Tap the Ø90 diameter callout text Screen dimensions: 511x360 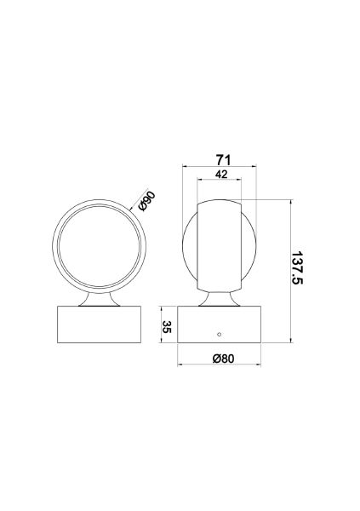[146, 201]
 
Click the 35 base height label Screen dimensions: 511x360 [167, 328]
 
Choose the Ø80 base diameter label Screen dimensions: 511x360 [220, 359]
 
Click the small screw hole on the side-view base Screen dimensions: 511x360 [219, 335]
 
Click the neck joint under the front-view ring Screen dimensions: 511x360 [98, 297]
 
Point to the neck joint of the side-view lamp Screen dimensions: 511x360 [219, 297]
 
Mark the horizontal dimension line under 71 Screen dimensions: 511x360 [220, 168]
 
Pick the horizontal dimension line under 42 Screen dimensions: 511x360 [219, 181]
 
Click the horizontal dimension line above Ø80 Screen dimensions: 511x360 [220, 365]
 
